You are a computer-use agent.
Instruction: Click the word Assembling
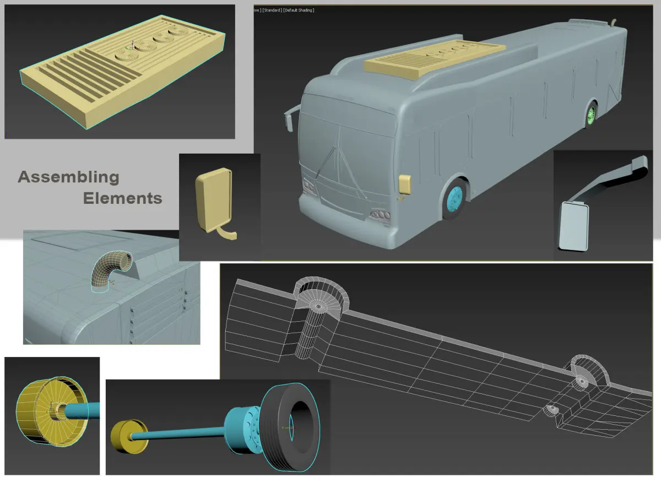click(68, 177)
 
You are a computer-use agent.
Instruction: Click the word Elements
click(122, 198)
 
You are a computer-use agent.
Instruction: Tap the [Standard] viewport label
click(272, 10)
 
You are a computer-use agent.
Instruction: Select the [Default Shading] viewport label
click(299, 10)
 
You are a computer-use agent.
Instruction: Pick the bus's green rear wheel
click(590, 115)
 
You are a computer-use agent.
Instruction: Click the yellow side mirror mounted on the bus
click(404, 185)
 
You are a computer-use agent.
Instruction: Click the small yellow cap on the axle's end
click(129, 436)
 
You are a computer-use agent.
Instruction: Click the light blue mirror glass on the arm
click(573, 226)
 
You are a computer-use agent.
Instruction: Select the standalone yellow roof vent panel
click(122, 71)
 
